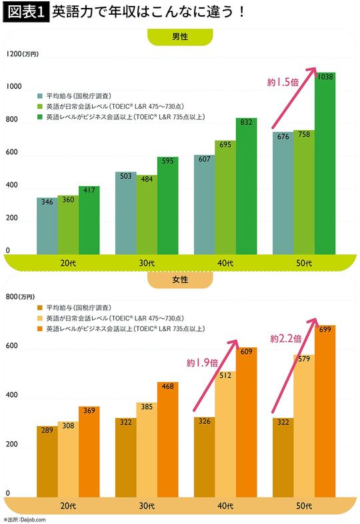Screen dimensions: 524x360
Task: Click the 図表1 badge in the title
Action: tap(25, 13)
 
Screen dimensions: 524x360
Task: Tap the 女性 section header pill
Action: tap(179, 280)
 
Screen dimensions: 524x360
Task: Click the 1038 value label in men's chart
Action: tap(325, 77)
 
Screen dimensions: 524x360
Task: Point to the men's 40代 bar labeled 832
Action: tap(246, 187)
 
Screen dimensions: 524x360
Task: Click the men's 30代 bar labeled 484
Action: tap(147, 214)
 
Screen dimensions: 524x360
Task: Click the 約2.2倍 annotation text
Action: tap(285, 338)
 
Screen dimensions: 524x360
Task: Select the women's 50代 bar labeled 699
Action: tap(325, 411)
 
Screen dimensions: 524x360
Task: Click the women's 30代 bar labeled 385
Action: tap(147, 447)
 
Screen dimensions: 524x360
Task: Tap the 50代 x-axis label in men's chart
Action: tap(305, 264)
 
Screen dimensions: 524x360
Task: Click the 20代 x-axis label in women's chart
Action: tap(67, 506)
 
